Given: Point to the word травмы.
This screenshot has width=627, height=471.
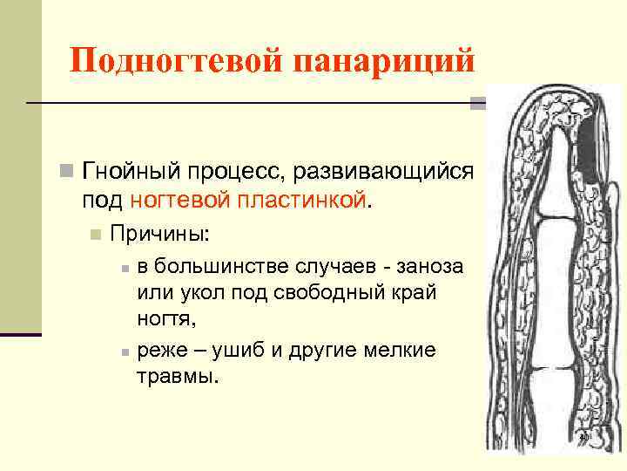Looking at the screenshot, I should tap(179, 379).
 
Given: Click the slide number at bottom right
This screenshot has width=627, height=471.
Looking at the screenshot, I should tap(584, 436).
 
